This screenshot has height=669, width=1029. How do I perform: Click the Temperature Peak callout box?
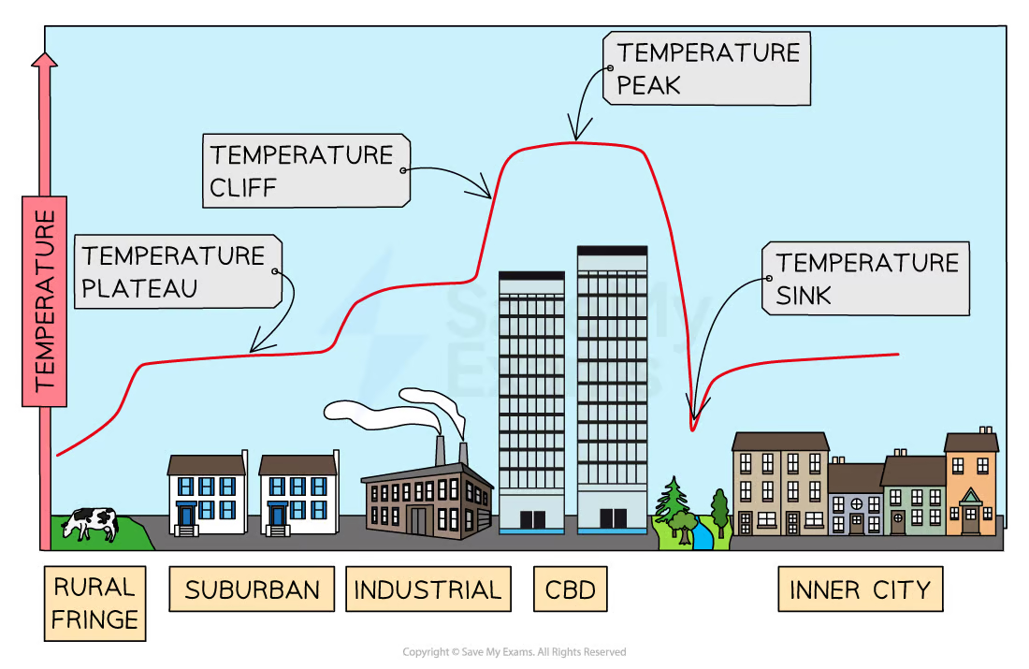click(707, 68)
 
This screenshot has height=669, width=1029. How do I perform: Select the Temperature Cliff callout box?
click(305, 170)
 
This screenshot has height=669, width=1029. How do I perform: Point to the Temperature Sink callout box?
click(865, 278)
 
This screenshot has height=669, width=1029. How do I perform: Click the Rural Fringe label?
click(94, 604)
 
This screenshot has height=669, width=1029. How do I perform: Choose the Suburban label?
click(252, 589)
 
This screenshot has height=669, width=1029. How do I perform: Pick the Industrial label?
click(428, 589)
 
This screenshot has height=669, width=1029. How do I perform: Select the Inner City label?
click(860, 589)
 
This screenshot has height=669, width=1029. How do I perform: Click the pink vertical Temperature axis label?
click(44, 299)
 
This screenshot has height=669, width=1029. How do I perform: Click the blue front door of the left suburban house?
click(187, 516)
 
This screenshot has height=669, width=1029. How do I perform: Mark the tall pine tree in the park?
click(672, 501)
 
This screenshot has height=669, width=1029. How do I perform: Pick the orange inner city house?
click(971, 487)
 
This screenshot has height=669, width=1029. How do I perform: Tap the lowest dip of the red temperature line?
click(693, 429)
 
